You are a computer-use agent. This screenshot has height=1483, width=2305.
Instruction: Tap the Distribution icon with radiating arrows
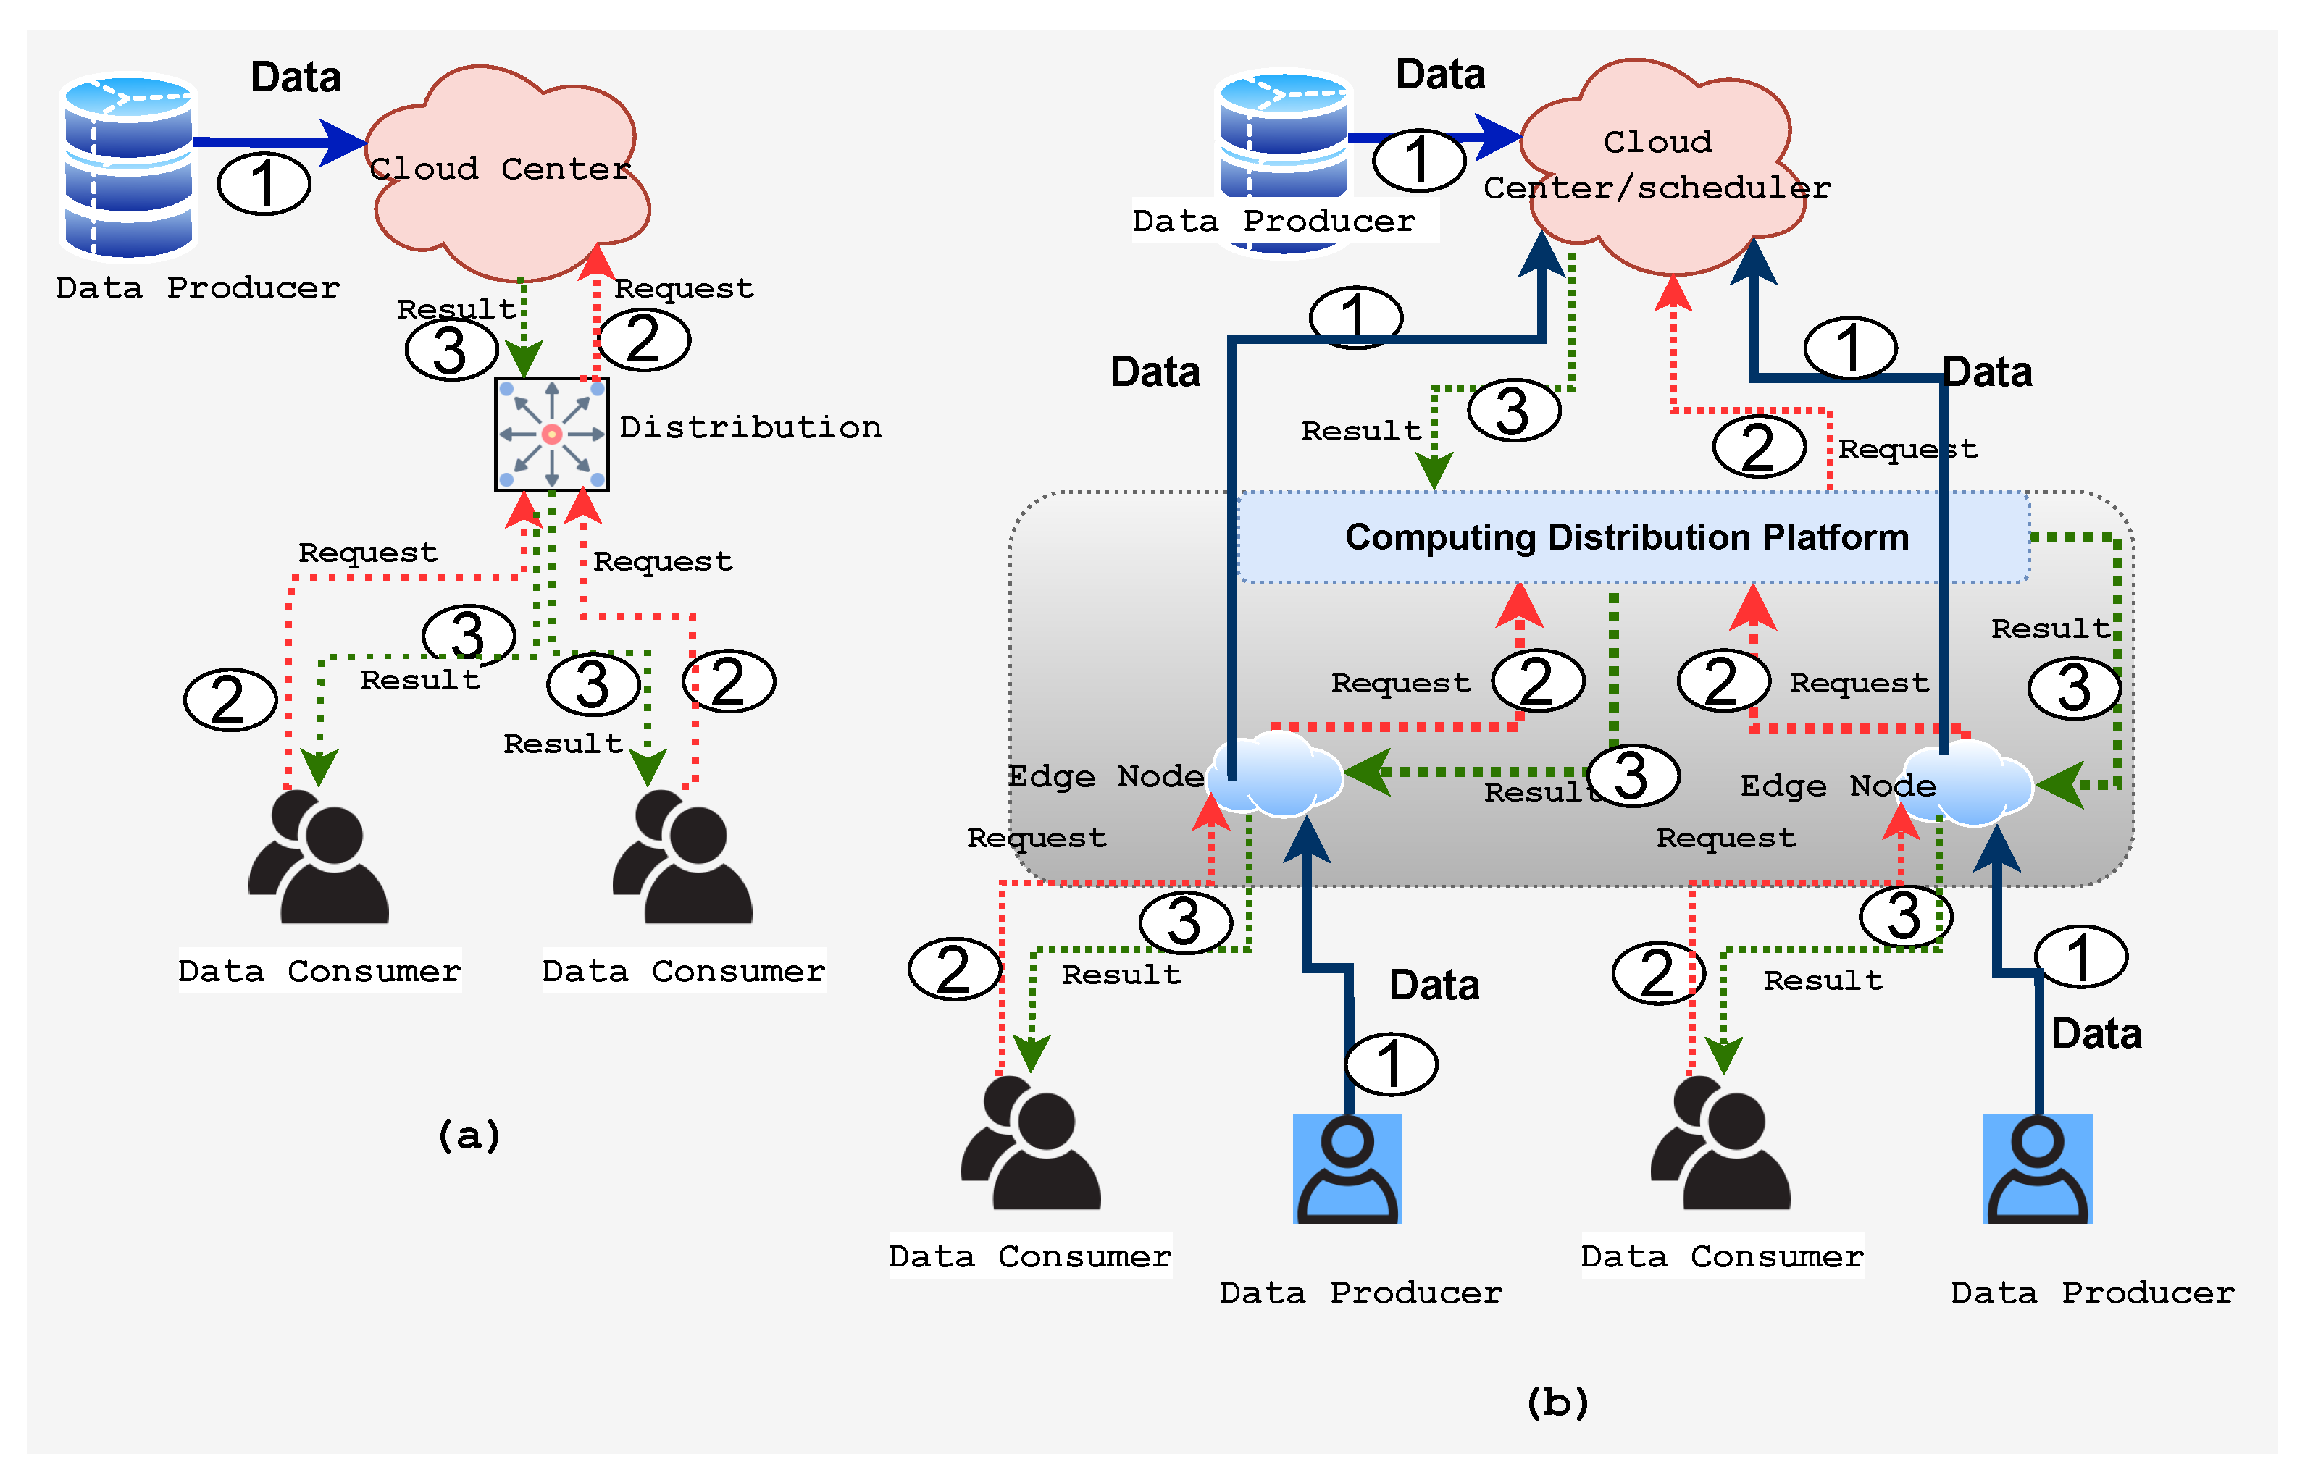point(552,434)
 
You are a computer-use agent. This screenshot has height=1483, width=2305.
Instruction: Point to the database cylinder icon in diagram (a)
point(128,166)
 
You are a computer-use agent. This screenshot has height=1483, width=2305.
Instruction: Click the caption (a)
point(469,1135)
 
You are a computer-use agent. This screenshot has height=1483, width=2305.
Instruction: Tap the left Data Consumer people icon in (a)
point(318,857)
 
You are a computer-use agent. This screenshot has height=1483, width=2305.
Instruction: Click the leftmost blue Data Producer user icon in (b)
point(1347,1169)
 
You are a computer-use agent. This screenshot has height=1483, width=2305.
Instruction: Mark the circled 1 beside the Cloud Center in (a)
point(264,183)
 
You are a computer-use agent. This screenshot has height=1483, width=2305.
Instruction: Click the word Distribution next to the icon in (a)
point(750,427)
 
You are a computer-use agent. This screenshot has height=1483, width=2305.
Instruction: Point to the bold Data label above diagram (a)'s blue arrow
point(296,77)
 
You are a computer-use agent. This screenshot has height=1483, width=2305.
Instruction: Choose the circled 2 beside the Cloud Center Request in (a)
point(643,339)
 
